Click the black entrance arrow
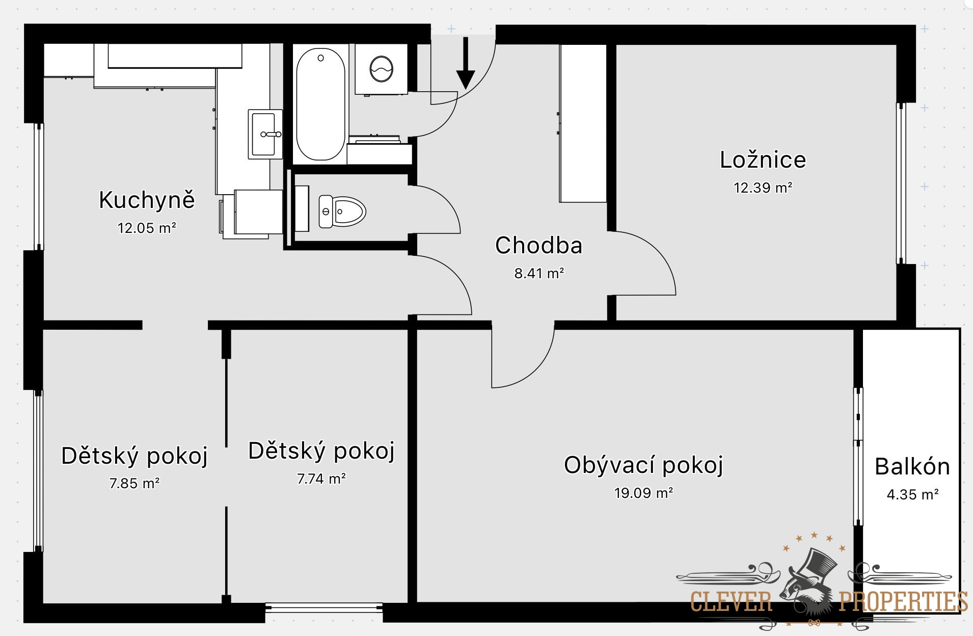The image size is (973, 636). (465, 63)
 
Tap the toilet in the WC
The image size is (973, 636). (342, 211)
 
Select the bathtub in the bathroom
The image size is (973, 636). (320, 104)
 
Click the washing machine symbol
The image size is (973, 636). (381, 69)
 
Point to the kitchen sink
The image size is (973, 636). (265, 134)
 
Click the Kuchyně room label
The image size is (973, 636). (147, 199)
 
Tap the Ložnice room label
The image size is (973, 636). (763, 160)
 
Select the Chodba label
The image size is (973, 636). (538, 245)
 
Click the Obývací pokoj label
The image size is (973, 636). (643, 465)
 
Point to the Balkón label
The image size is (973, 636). (912, 466)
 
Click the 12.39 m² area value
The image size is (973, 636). (763, 188)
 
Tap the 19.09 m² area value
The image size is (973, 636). (643, 493)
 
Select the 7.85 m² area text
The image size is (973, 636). (134, 483)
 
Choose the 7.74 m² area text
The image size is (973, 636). (321, 479)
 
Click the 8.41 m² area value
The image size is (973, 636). (539, 273)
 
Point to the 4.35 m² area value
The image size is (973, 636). (912, 494)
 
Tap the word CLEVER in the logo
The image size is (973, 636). (731, 601)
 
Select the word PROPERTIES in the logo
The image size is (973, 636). (903, 601)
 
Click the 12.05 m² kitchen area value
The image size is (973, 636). (147, 228)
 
